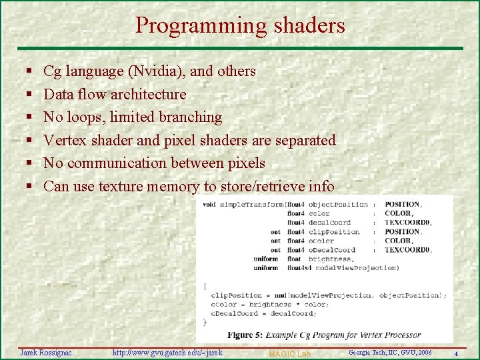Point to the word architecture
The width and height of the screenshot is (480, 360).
tap(148, 94)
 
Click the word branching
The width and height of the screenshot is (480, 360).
tap(190, 117)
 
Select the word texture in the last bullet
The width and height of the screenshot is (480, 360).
tap(121, 187)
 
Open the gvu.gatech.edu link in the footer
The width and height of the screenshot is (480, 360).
tap(167, 352)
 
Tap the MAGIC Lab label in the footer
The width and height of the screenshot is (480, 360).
tap(289, 353)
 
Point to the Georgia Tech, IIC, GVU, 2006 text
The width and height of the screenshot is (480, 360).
tap(390, 352)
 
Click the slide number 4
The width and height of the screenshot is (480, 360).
tap(456, 353)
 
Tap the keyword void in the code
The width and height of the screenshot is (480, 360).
tap(209, 204)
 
